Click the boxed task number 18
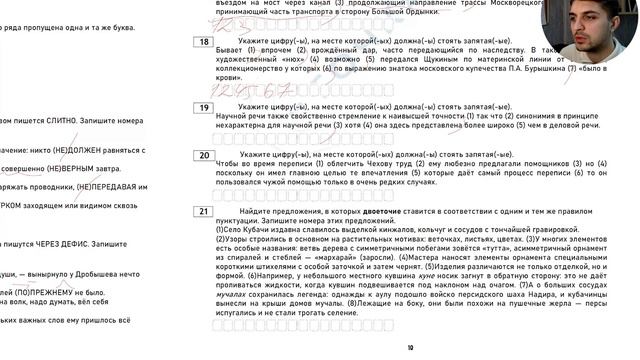[204, 42]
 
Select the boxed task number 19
[204, 107]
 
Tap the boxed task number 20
[204, 155]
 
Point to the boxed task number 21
[204, 212]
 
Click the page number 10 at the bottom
[410, 348]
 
